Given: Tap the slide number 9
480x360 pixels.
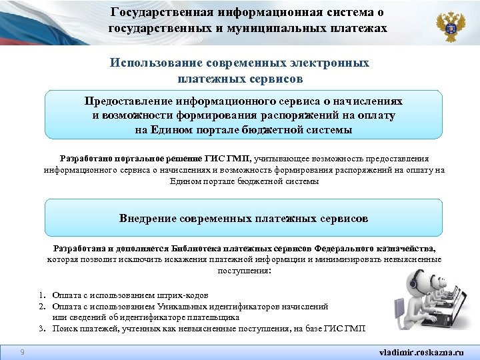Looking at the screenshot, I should [x=22, y=351].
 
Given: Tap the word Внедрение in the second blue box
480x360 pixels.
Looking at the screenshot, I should [x=148, y=218].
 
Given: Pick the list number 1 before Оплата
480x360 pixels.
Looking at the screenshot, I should [x=41, y=295].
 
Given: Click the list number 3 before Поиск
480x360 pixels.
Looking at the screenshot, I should [x=41, y=329].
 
